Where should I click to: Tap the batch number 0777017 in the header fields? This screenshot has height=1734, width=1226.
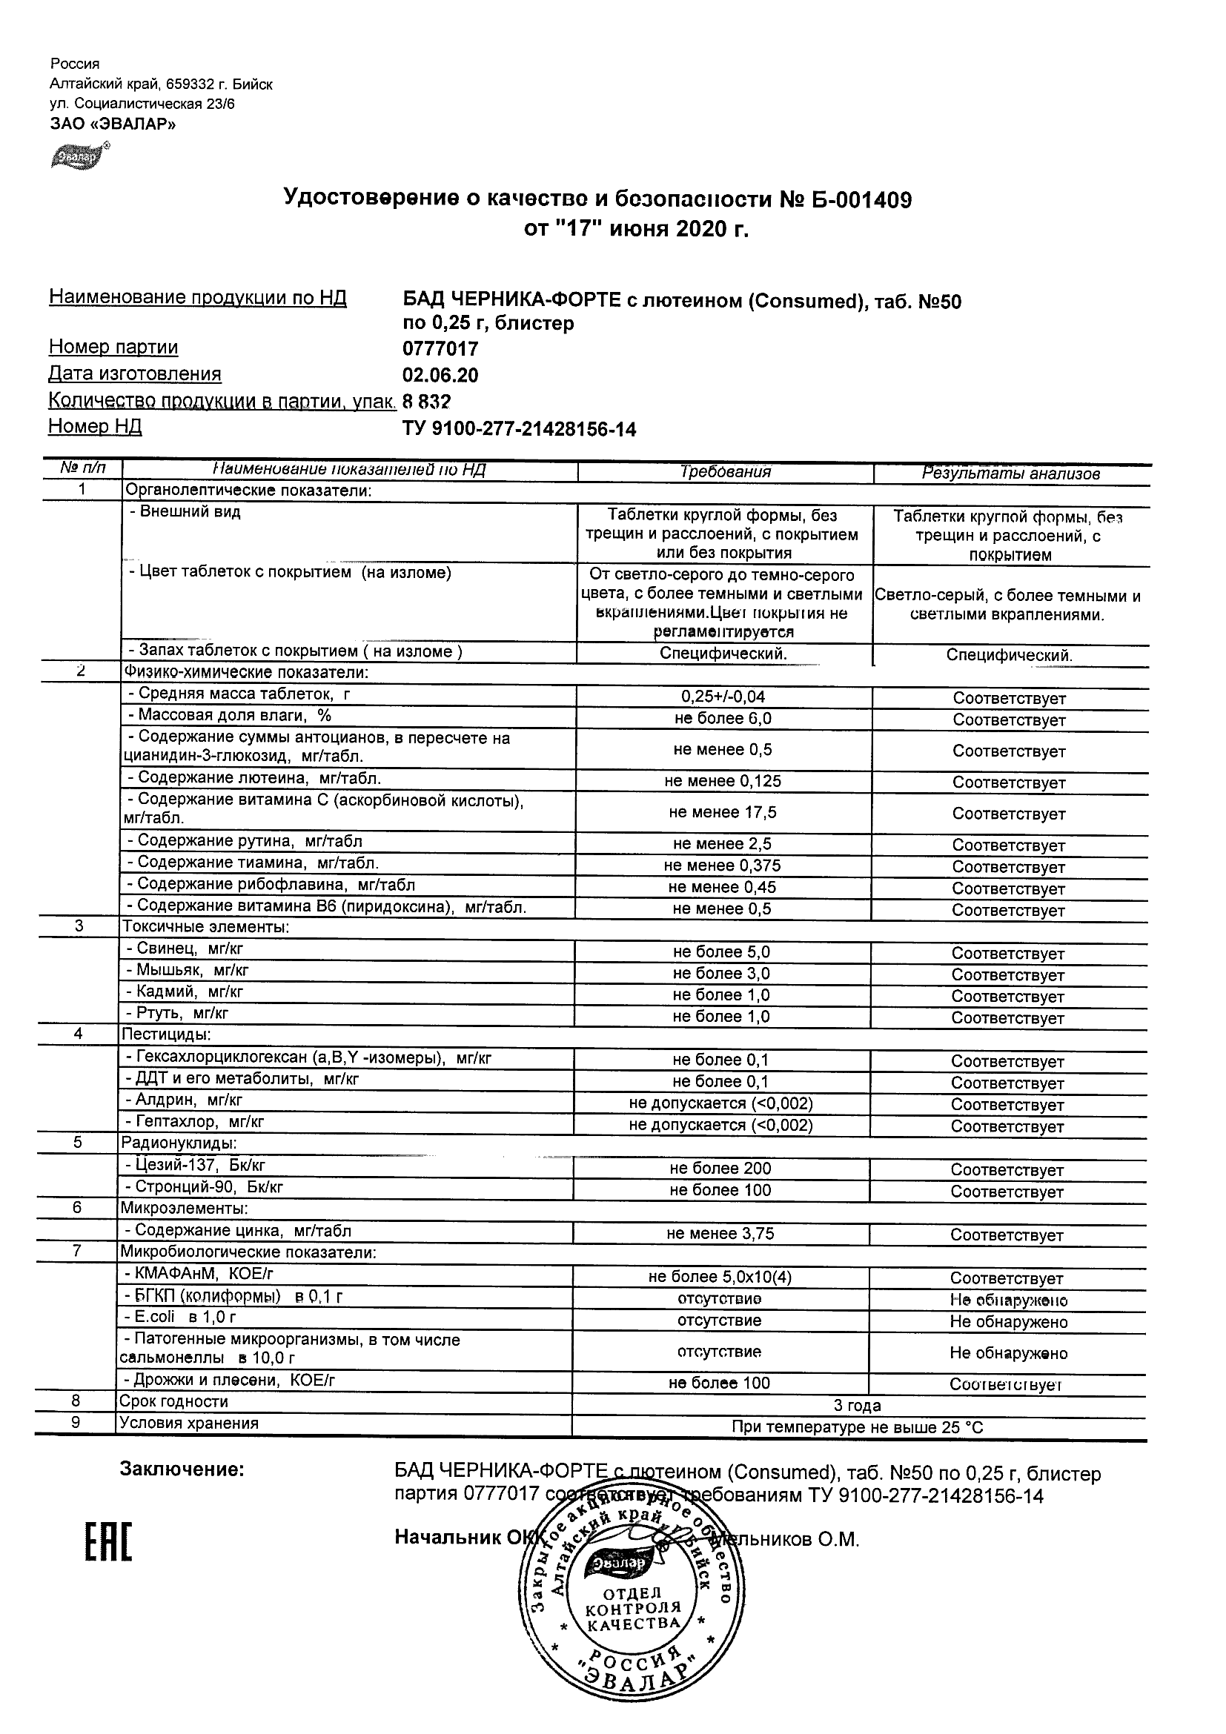tap(440, 349)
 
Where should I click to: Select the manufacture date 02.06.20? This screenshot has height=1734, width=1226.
tap(440, 376)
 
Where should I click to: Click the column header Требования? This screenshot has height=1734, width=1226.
tap(725, 472)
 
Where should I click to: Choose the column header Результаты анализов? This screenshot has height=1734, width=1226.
tap(1011, 474)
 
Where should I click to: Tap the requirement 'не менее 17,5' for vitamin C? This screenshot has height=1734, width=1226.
tap(722, 813)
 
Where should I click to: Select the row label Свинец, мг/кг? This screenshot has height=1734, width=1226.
tap(185, 949)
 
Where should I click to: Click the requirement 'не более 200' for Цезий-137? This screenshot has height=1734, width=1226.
tap(720, 1169)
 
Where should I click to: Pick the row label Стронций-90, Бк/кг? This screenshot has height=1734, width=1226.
tap(204, 1187)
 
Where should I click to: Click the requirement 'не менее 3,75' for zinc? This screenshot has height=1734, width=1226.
tap(720, 1234)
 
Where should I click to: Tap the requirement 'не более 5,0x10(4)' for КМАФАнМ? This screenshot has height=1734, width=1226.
tap(720, 1277)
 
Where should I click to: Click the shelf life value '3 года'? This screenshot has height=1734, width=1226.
tap(857, 1406)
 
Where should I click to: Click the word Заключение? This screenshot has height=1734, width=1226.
tap(182, 1469)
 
